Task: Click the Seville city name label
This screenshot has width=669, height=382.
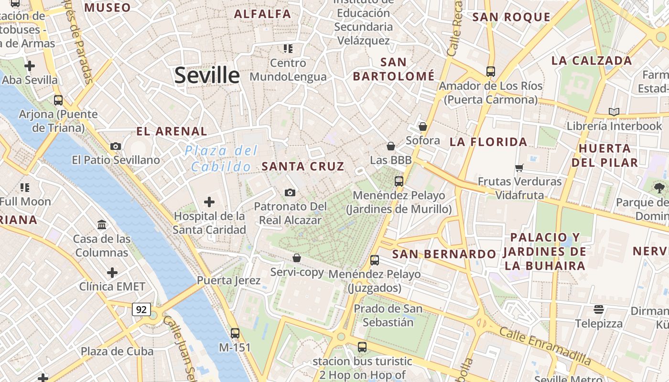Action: tap(206, 75)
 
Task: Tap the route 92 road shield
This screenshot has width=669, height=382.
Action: tap(141, 309)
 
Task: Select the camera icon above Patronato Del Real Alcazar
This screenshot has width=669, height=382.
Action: tap(290, 192)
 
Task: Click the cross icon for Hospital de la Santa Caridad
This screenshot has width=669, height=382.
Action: tap(209, 202)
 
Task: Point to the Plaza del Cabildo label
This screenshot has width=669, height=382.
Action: tap(221, 159)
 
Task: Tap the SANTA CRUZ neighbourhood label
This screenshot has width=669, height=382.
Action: tap(303, 166)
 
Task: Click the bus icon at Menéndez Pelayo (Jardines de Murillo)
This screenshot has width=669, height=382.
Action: tap(399, 181)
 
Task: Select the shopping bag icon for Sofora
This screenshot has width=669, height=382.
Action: tap(422, 127)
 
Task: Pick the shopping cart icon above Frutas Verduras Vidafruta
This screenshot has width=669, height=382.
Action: tap(519, 168)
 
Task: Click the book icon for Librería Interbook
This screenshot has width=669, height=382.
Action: tap(614, 112)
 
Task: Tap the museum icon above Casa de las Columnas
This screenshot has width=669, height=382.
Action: tap(102, 224)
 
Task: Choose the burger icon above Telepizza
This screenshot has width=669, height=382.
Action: tap(599, 309)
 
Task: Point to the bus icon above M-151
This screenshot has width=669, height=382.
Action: tap(235, 333)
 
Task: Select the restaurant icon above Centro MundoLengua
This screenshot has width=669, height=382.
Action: tap(288, 48)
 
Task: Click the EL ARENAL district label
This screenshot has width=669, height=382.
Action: tap(172, 131)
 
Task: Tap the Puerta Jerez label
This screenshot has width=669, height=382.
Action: tap(229, 280)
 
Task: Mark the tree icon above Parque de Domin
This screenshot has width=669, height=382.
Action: tap(659, 188)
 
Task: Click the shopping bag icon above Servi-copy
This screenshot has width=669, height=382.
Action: tap(297, 258)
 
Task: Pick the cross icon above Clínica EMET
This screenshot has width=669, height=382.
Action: tap(112, 273)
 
